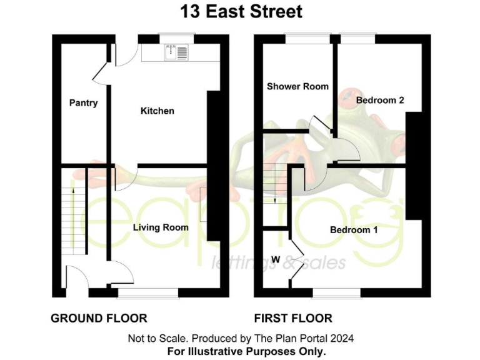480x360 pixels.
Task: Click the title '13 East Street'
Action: click(241, 11)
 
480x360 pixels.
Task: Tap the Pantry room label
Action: click(83, 102)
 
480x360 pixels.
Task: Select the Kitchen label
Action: click(157, 111)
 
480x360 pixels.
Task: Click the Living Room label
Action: click(161, 227)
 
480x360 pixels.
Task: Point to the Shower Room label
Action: click(297, 86)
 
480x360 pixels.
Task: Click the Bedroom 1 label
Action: click(354, 230)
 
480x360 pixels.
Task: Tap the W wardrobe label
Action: click(276, 259)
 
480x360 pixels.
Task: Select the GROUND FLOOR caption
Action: click(99, 318)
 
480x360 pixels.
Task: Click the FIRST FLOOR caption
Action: click(292, 318)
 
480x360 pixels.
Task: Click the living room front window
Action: click(147, 292)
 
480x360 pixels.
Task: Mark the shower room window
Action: click(307, 37)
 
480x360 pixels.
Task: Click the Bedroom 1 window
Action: click(336, 292)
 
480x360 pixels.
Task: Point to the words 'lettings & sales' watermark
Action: click(278, 263)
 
